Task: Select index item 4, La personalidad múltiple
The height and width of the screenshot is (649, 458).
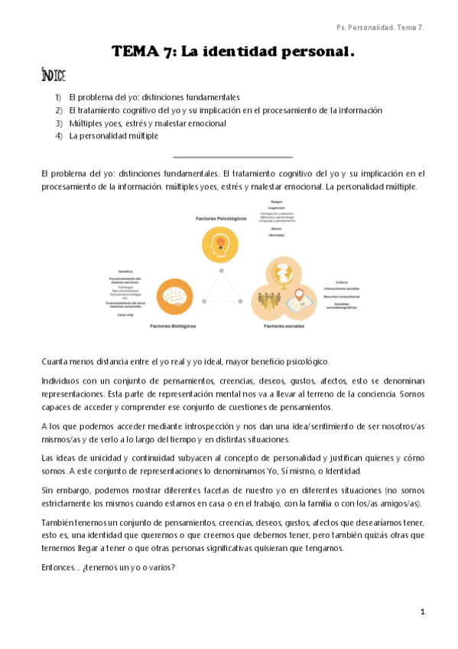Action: pos(113,136)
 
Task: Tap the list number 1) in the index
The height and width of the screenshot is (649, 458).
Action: pos(59,97)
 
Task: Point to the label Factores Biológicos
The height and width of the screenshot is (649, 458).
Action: pos(173,325)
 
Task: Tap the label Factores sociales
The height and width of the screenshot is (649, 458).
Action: pos(284,326)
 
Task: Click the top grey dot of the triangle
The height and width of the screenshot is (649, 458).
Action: pos(223,270)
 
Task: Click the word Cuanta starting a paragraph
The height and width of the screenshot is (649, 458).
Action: pos(55,360)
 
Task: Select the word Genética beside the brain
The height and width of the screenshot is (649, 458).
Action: pos(126,272)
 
